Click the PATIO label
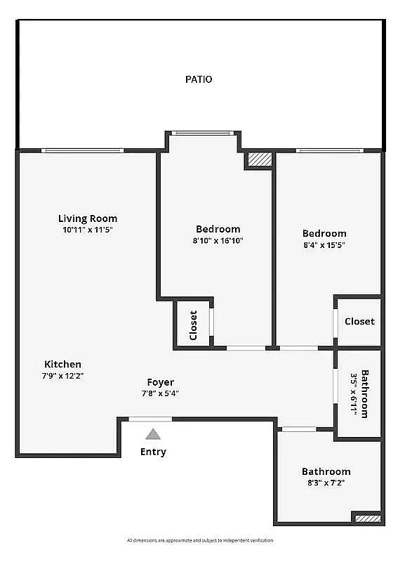(x=199, y=79)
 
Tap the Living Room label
(x=88, y=218)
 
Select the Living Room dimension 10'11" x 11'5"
(x=88, y=230)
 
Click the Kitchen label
(x=63, y=364)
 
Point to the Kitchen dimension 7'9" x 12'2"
(x=63, y=375)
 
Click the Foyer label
(x=160, y=382)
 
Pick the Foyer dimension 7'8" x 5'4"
(x=160, y=393)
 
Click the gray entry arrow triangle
(x=153, y=434)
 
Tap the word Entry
(x=153, y=452)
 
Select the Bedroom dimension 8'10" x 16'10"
(x=218, y=240)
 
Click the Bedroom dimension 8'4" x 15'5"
(x=324, y=244)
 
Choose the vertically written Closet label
(x=193, y=325)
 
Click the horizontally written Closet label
(x=359, y=321)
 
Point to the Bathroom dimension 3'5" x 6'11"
(x=354, y=395)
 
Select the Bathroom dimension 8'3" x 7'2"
(x=326, y=483)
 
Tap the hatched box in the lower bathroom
(x=368, y=518)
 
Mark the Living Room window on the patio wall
(x=82, y=150)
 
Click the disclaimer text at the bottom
(x=200, y=540)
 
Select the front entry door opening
(x=150, y=419)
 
